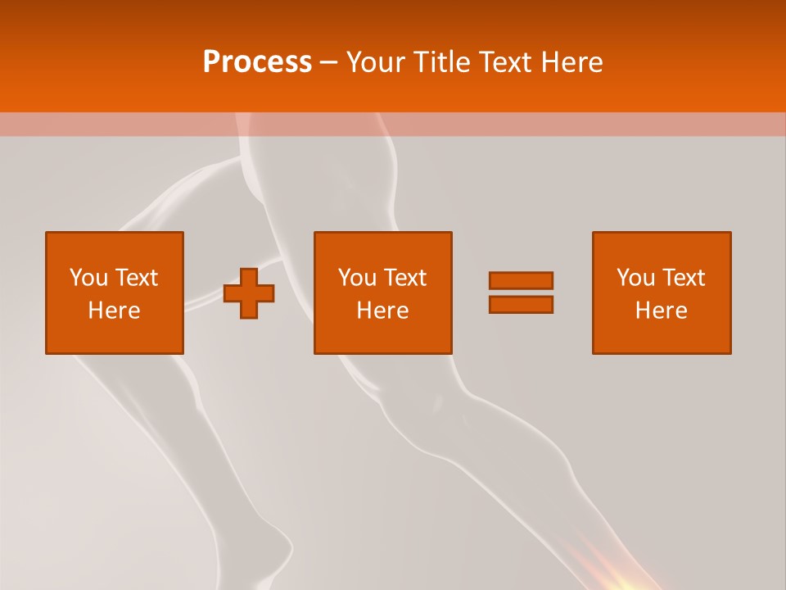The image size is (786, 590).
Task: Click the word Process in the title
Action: (257, 62)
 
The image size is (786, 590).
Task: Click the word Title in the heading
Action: (440, 62)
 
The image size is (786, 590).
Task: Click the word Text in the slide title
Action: (502, 62)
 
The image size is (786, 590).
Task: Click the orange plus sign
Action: (250, 293)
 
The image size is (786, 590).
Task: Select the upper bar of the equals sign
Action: (521, 280)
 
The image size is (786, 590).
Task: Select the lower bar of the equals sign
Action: (521, 304)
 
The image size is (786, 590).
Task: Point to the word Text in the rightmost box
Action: (683, 278)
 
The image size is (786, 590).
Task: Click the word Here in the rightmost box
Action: (661, 311)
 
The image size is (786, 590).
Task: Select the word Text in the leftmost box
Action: (136, 278)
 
